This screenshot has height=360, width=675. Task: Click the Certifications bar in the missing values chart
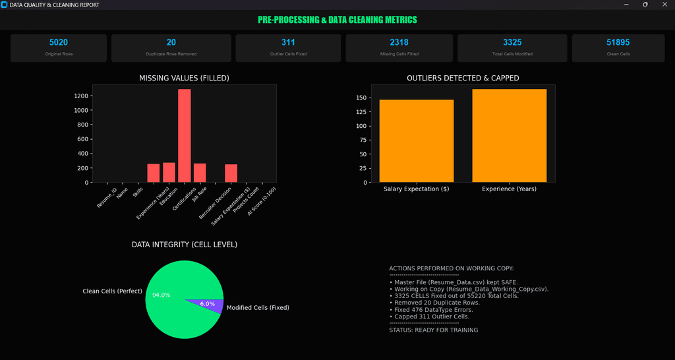[184, 136]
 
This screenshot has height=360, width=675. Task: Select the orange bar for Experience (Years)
[509, 136]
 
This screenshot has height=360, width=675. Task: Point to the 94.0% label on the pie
[161, 295]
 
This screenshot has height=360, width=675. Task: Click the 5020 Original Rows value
[59, 42]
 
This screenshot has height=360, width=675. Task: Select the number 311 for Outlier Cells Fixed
[288, 42]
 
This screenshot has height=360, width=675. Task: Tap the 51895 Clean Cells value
[618, 42]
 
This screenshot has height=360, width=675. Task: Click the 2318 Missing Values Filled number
[399, 42]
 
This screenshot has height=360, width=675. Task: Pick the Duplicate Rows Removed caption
[171, 53]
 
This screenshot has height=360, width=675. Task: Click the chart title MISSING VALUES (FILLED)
[184, 78]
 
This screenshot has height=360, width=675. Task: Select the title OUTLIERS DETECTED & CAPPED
[463, 78]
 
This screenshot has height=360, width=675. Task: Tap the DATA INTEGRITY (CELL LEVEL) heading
[184, 245]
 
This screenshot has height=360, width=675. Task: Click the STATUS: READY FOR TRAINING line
[433, 330]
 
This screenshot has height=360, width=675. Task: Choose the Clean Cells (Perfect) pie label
[112, 291]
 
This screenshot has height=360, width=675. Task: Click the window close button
[663, 5]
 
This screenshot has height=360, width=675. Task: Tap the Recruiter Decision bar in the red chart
[231, 173]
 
